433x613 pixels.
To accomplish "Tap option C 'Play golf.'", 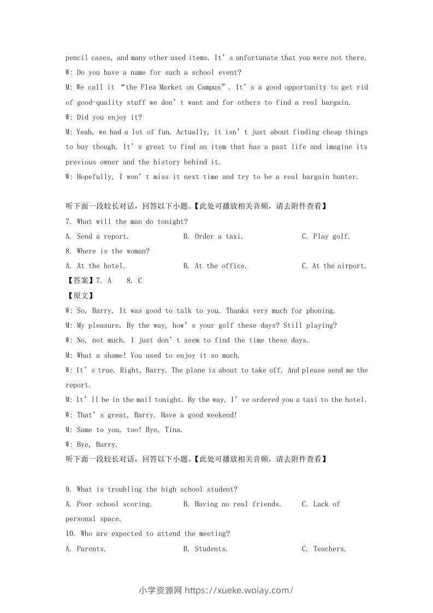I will [x=326, y=237].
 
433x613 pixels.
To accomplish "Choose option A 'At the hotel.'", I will [x=96, y=266].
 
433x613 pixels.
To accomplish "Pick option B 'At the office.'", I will [x=215, y=266].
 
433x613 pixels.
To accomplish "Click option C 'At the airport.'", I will [x=334, y=266].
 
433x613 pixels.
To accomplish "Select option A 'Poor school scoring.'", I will [x=109, y=504].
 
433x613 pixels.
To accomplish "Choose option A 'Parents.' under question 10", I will [x=86, y=549].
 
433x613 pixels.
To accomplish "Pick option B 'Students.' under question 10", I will [x=205, y=549].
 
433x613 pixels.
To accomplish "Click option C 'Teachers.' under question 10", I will [x=324, y=549].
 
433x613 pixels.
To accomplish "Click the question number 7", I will [x=68, y=222].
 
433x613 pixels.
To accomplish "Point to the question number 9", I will [x=68, y=490].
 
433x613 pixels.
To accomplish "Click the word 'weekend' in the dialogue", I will [x=219, y=415].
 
